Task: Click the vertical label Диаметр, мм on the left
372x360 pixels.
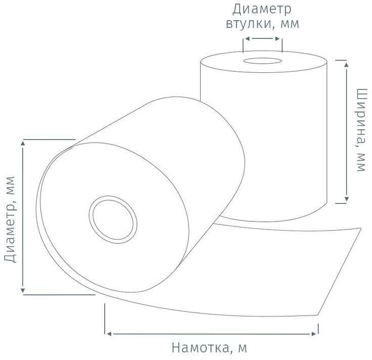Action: coord(10,219)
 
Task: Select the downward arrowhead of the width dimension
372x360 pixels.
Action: coord(346,200)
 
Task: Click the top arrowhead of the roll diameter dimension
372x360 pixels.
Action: coord(23,144)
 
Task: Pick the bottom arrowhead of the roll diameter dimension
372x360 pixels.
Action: coord(23,290)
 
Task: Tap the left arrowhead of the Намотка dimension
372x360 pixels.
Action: coord(108,333)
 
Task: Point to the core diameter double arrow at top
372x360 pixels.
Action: coord(262,38)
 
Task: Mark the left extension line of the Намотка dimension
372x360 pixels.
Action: coord(105,319)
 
